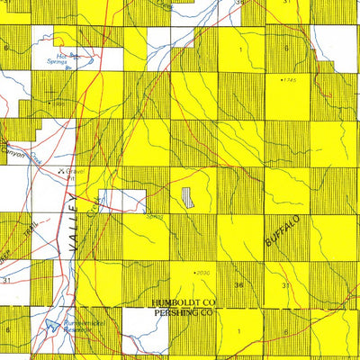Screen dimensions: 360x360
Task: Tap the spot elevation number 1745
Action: click(x=290, y=82)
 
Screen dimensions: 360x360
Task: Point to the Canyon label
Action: click(x=13, y=148)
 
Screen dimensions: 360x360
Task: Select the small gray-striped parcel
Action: click(x=188, y=199)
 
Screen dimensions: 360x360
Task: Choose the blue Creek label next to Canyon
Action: click(x=37, y=157)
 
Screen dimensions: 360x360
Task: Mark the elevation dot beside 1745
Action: click(x=280, y=81)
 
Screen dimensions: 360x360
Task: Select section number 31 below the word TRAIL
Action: click(x=6, y=281)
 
